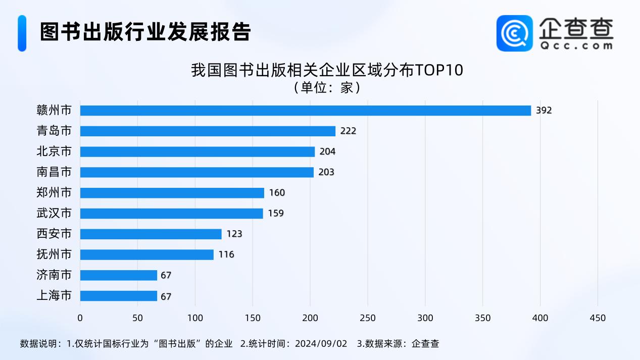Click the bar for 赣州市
[305, 111]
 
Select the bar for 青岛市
[208, 131]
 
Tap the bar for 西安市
[151, 234]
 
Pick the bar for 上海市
[118, 296]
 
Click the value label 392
[544, 111]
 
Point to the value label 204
[327, 151]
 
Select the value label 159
[276, 213]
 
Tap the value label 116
[226, 254]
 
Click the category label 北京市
[54, 151]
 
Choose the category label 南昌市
[54, 172]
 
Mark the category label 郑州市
[54, 193]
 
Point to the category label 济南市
[54, 275]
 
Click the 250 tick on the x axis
[368, 318]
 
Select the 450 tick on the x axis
[598, 318]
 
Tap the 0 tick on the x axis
[80, 318]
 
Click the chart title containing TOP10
[327, 70]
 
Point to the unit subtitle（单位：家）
[327, 87]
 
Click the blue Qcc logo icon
[514, 33]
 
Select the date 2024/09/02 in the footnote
[322, 344]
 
